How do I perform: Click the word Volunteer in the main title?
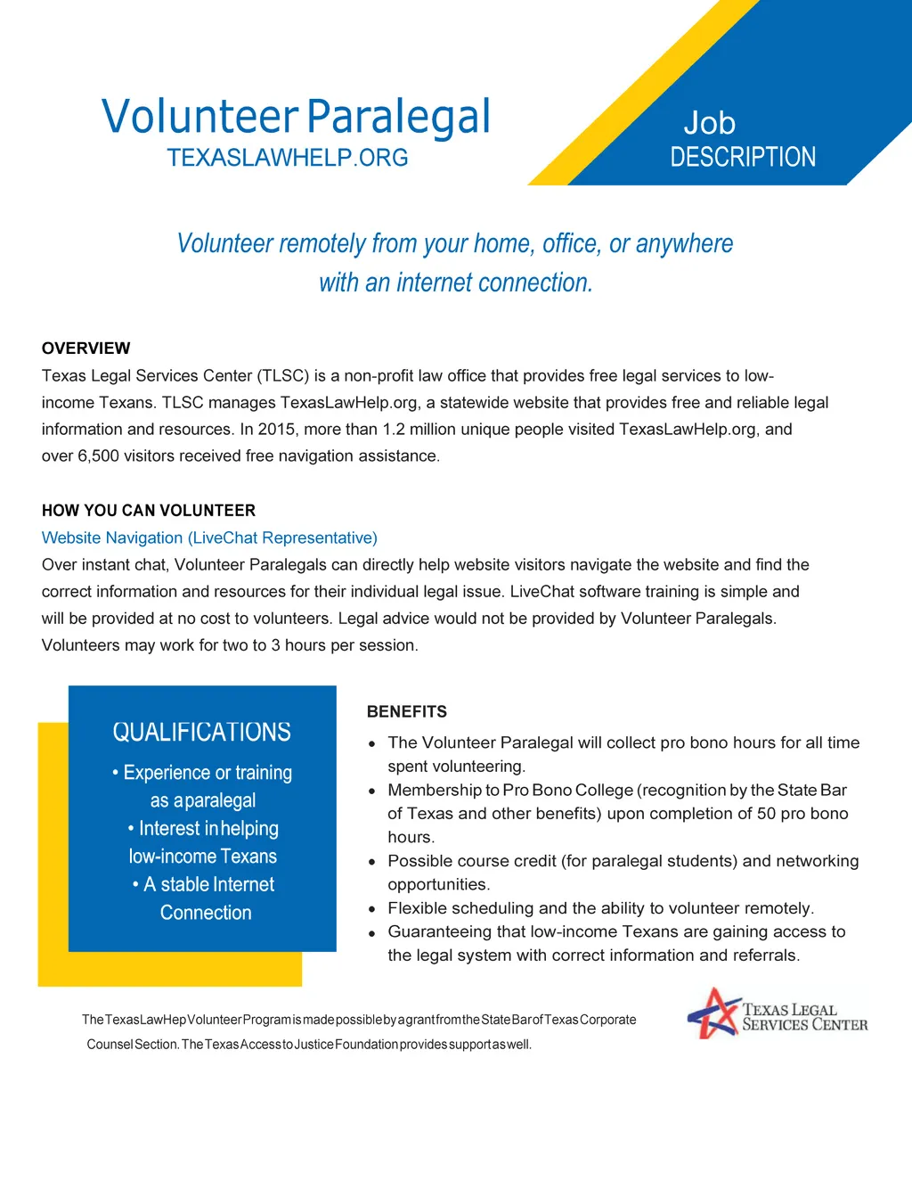point(199,117)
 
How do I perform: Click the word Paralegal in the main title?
point(398,117)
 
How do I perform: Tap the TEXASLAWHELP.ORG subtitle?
point(287,158)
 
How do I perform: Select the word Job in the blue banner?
point(709,123)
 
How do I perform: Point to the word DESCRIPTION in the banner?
point(743,158)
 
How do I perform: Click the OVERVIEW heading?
point(85,349)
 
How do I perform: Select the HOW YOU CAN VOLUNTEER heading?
point(149,511)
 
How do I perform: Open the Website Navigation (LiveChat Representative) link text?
point(209,537)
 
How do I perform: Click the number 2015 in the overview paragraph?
point(277,430)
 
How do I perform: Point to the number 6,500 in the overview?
point(97,456)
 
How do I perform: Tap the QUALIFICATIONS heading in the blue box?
point(201,733)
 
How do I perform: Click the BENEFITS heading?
point(407,712)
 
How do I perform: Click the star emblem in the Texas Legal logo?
point(712,1013)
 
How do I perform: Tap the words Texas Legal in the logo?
point(789,1010)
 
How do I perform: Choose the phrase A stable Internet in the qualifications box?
point(209,885)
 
